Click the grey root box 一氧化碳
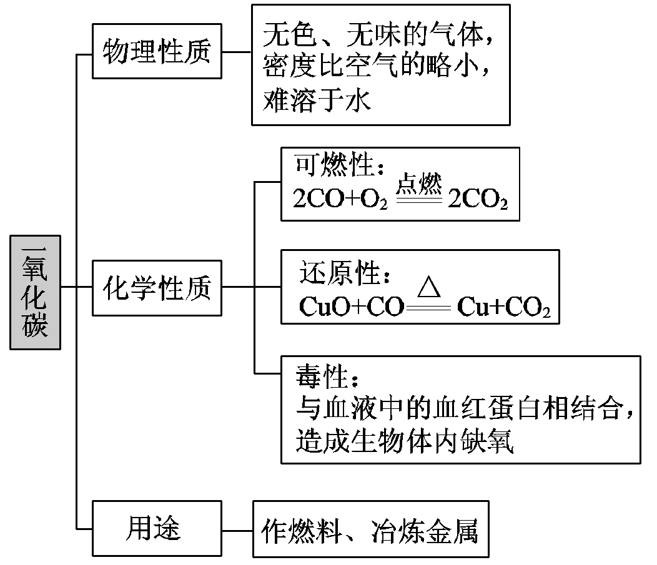click(36, 292)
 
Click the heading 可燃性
click(337, 166)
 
